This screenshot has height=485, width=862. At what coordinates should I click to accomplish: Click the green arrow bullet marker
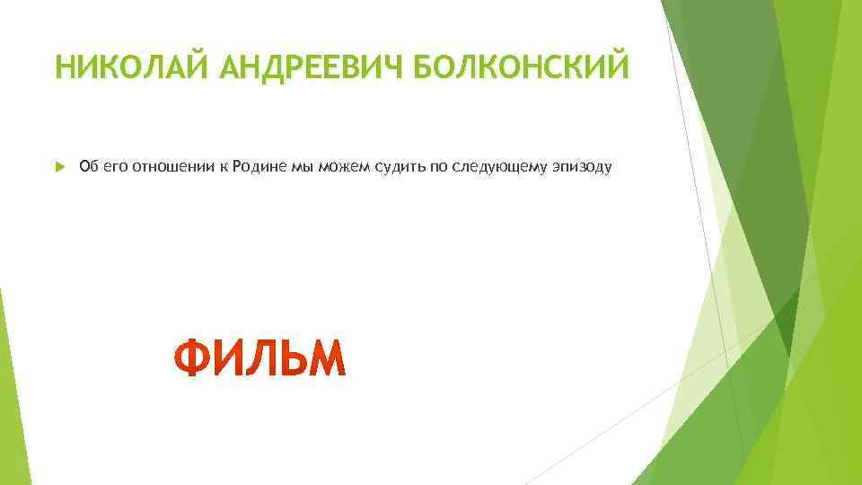coord(59,166)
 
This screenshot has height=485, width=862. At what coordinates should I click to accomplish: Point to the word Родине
coord(259,166)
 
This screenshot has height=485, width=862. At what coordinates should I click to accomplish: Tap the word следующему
coord(493,166)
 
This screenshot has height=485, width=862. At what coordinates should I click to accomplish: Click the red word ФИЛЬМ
coord(259,358)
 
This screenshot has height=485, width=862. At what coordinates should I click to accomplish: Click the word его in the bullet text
coord(116,166)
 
